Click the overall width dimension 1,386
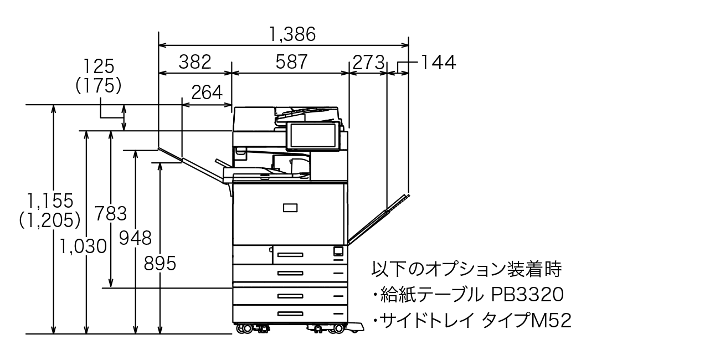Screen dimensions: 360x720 click(292, 34)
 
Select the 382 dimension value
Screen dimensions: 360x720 click(195, 61)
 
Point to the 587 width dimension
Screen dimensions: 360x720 click(292, 61)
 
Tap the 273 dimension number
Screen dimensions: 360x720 click(368, 62)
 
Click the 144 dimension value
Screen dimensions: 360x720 click(438, 62)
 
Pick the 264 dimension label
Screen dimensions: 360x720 click(207, 92)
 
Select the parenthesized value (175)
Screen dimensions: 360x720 click(98, 85)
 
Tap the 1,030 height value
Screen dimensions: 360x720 click(84, 246)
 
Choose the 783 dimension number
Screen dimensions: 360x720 click(111, 213)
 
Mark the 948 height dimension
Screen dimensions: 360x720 click(136, 238)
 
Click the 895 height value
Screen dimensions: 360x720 click(160, 264)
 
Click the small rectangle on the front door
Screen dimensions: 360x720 click(290, 208)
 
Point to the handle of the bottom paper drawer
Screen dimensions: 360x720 click(290, 313)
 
